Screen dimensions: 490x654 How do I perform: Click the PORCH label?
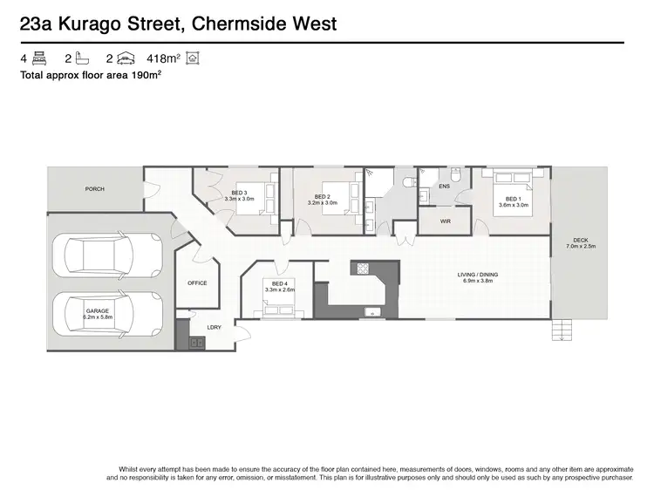[x=94, y=189]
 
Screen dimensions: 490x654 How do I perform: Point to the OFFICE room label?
[x=197, y=283]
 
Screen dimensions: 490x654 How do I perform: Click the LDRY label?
[x=213, y=327]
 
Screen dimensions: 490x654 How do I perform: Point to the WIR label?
[x=446, y=221]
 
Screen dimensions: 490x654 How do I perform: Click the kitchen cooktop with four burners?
[x=362, y=268]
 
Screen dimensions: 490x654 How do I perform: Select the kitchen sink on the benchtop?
[x=374, y=311]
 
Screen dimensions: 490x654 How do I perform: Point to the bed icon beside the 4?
[x=38, y=58]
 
